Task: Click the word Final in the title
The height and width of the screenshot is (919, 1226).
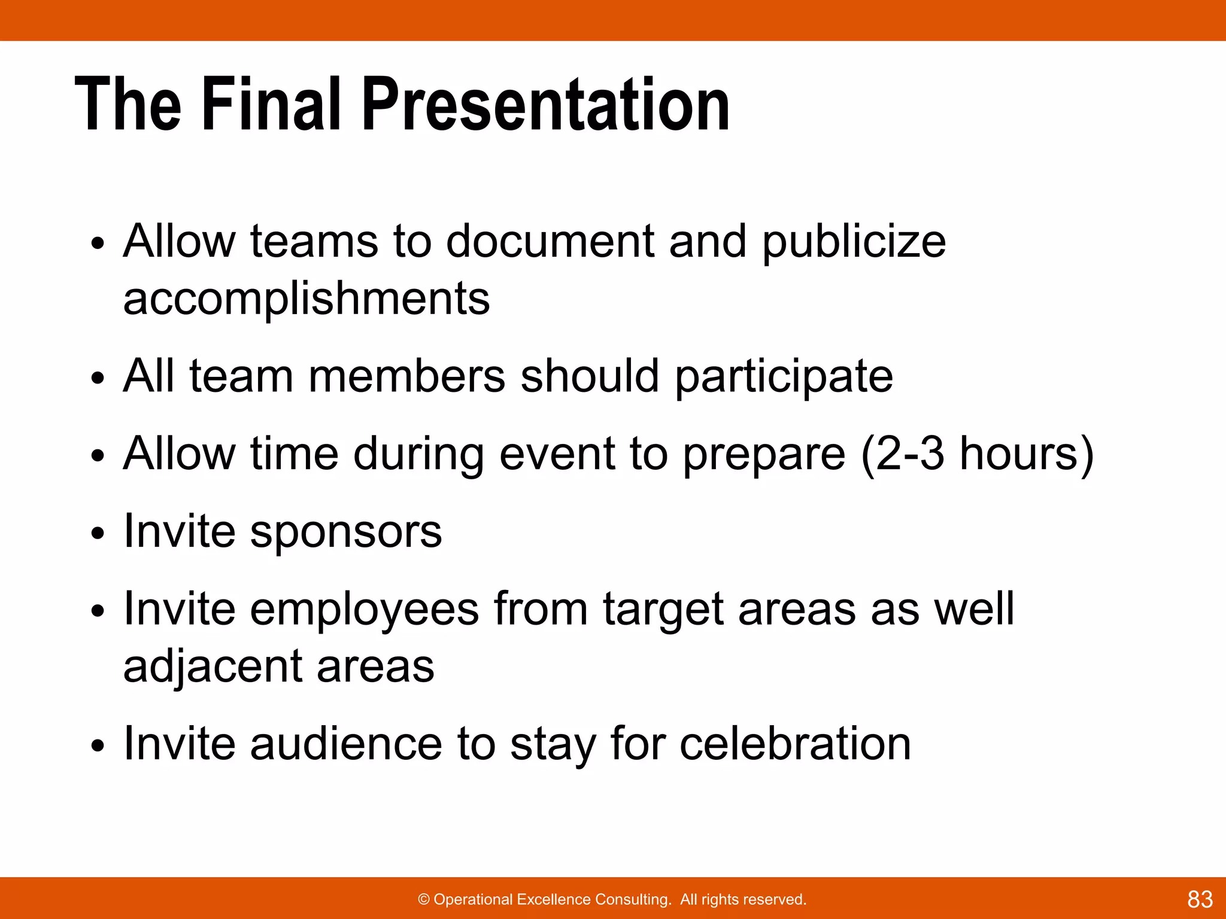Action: (x=271, y=105)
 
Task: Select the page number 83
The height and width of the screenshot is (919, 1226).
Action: (x=1200, y=899)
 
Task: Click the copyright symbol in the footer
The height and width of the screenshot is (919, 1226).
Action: (x=424, y=900)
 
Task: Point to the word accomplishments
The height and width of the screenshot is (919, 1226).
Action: (x=306, y=299)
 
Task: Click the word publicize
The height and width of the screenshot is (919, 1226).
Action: (x=854, y=242)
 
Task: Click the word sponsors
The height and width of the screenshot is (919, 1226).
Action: (x=345, y=532)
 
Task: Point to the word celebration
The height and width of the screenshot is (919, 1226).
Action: (x=795, y=744)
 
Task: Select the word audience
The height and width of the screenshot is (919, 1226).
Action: (x=346, y=744)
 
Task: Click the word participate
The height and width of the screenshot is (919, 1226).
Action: (x=784, y=378)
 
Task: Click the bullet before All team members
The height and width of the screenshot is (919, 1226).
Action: (x=98, y=378)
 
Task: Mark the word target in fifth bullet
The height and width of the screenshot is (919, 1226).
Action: (x=663, y=610)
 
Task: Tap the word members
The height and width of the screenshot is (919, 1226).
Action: (x=406, y=377)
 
